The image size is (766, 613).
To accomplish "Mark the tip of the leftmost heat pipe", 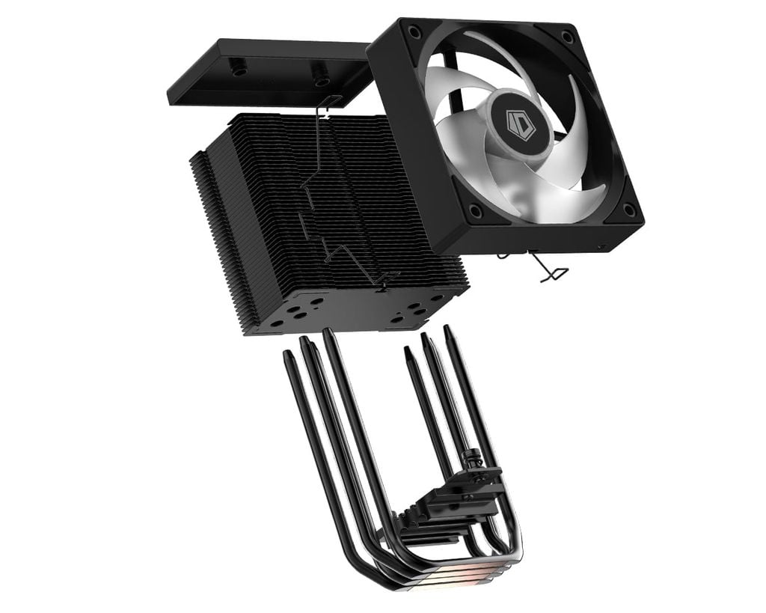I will coord(287,354).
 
